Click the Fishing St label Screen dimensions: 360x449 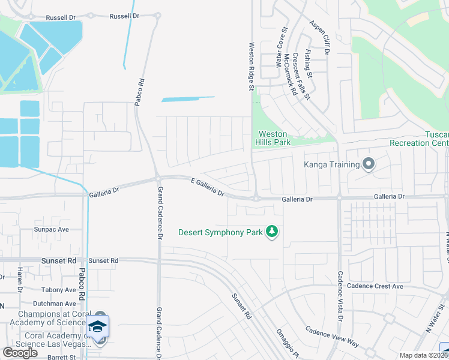tap(308, 64)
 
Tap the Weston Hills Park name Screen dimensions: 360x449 tap(274, 138)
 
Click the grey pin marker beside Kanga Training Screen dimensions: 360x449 tap(369, 163)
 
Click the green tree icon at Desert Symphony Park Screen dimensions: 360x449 tap(272, 232)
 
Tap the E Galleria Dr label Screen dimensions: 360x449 tap(208, 187)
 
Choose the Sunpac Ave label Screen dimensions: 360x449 tap(52, 229)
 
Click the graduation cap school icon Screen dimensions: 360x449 tap(97, 326)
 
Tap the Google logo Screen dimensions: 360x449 tap(20, 353)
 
